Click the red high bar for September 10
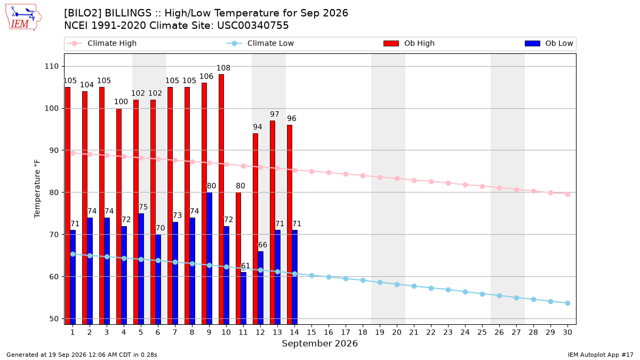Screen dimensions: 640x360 pos(221,199)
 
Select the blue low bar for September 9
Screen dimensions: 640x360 pos(209,258)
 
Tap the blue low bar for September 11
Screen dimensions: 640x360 pos(243,298)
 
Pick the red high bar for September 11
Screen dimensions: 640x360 pos(238,258)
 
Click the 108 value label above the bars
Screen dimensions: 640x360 pos(223,68)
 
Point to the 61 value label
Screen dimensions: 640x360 pos(245,266)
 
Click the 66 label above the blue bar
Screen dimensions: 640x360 pos(262,245)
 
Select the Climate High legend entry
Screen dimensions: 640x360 pos(102,43)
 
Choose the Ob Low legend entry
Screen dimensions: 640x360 pos(549,43)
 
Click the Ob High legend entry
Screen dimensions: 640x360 pos(409,43)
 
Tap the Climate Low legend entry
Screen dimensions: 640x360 pos(260,43)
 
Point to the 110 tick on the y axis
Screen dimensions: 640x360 pos(51,66)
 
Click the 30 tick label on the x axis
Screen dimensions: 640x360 pos(567,332)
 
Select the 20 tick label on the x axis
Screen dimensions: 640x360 pos(397,332)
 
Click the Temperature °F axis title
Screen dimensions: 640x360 pos(37,189)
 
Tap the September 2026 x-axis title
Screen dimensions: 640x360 pos(319,343)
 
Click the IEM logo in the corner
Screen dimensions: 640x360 pos(23,18)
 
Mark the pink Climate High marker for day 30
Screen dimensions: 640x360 pos(567,194)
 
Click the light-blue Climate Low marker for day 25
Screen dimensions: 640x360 pos(482,294)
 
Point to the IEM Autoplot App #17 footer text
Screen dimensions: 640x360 pos(601,355)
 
